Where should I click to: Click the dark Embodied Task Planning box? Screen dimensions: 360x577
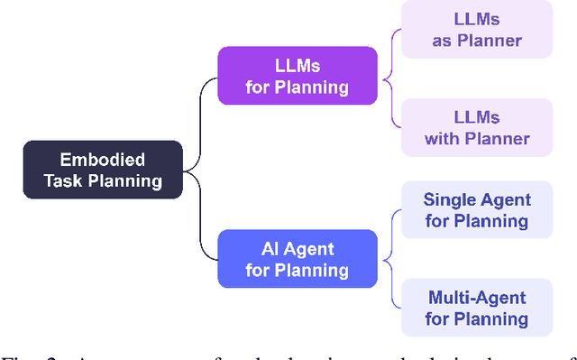point(103,170)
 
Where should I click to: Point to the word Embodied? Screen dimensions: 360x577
point(103,159)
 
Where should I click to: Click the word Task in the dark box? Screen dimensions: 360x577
point(64,180)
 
